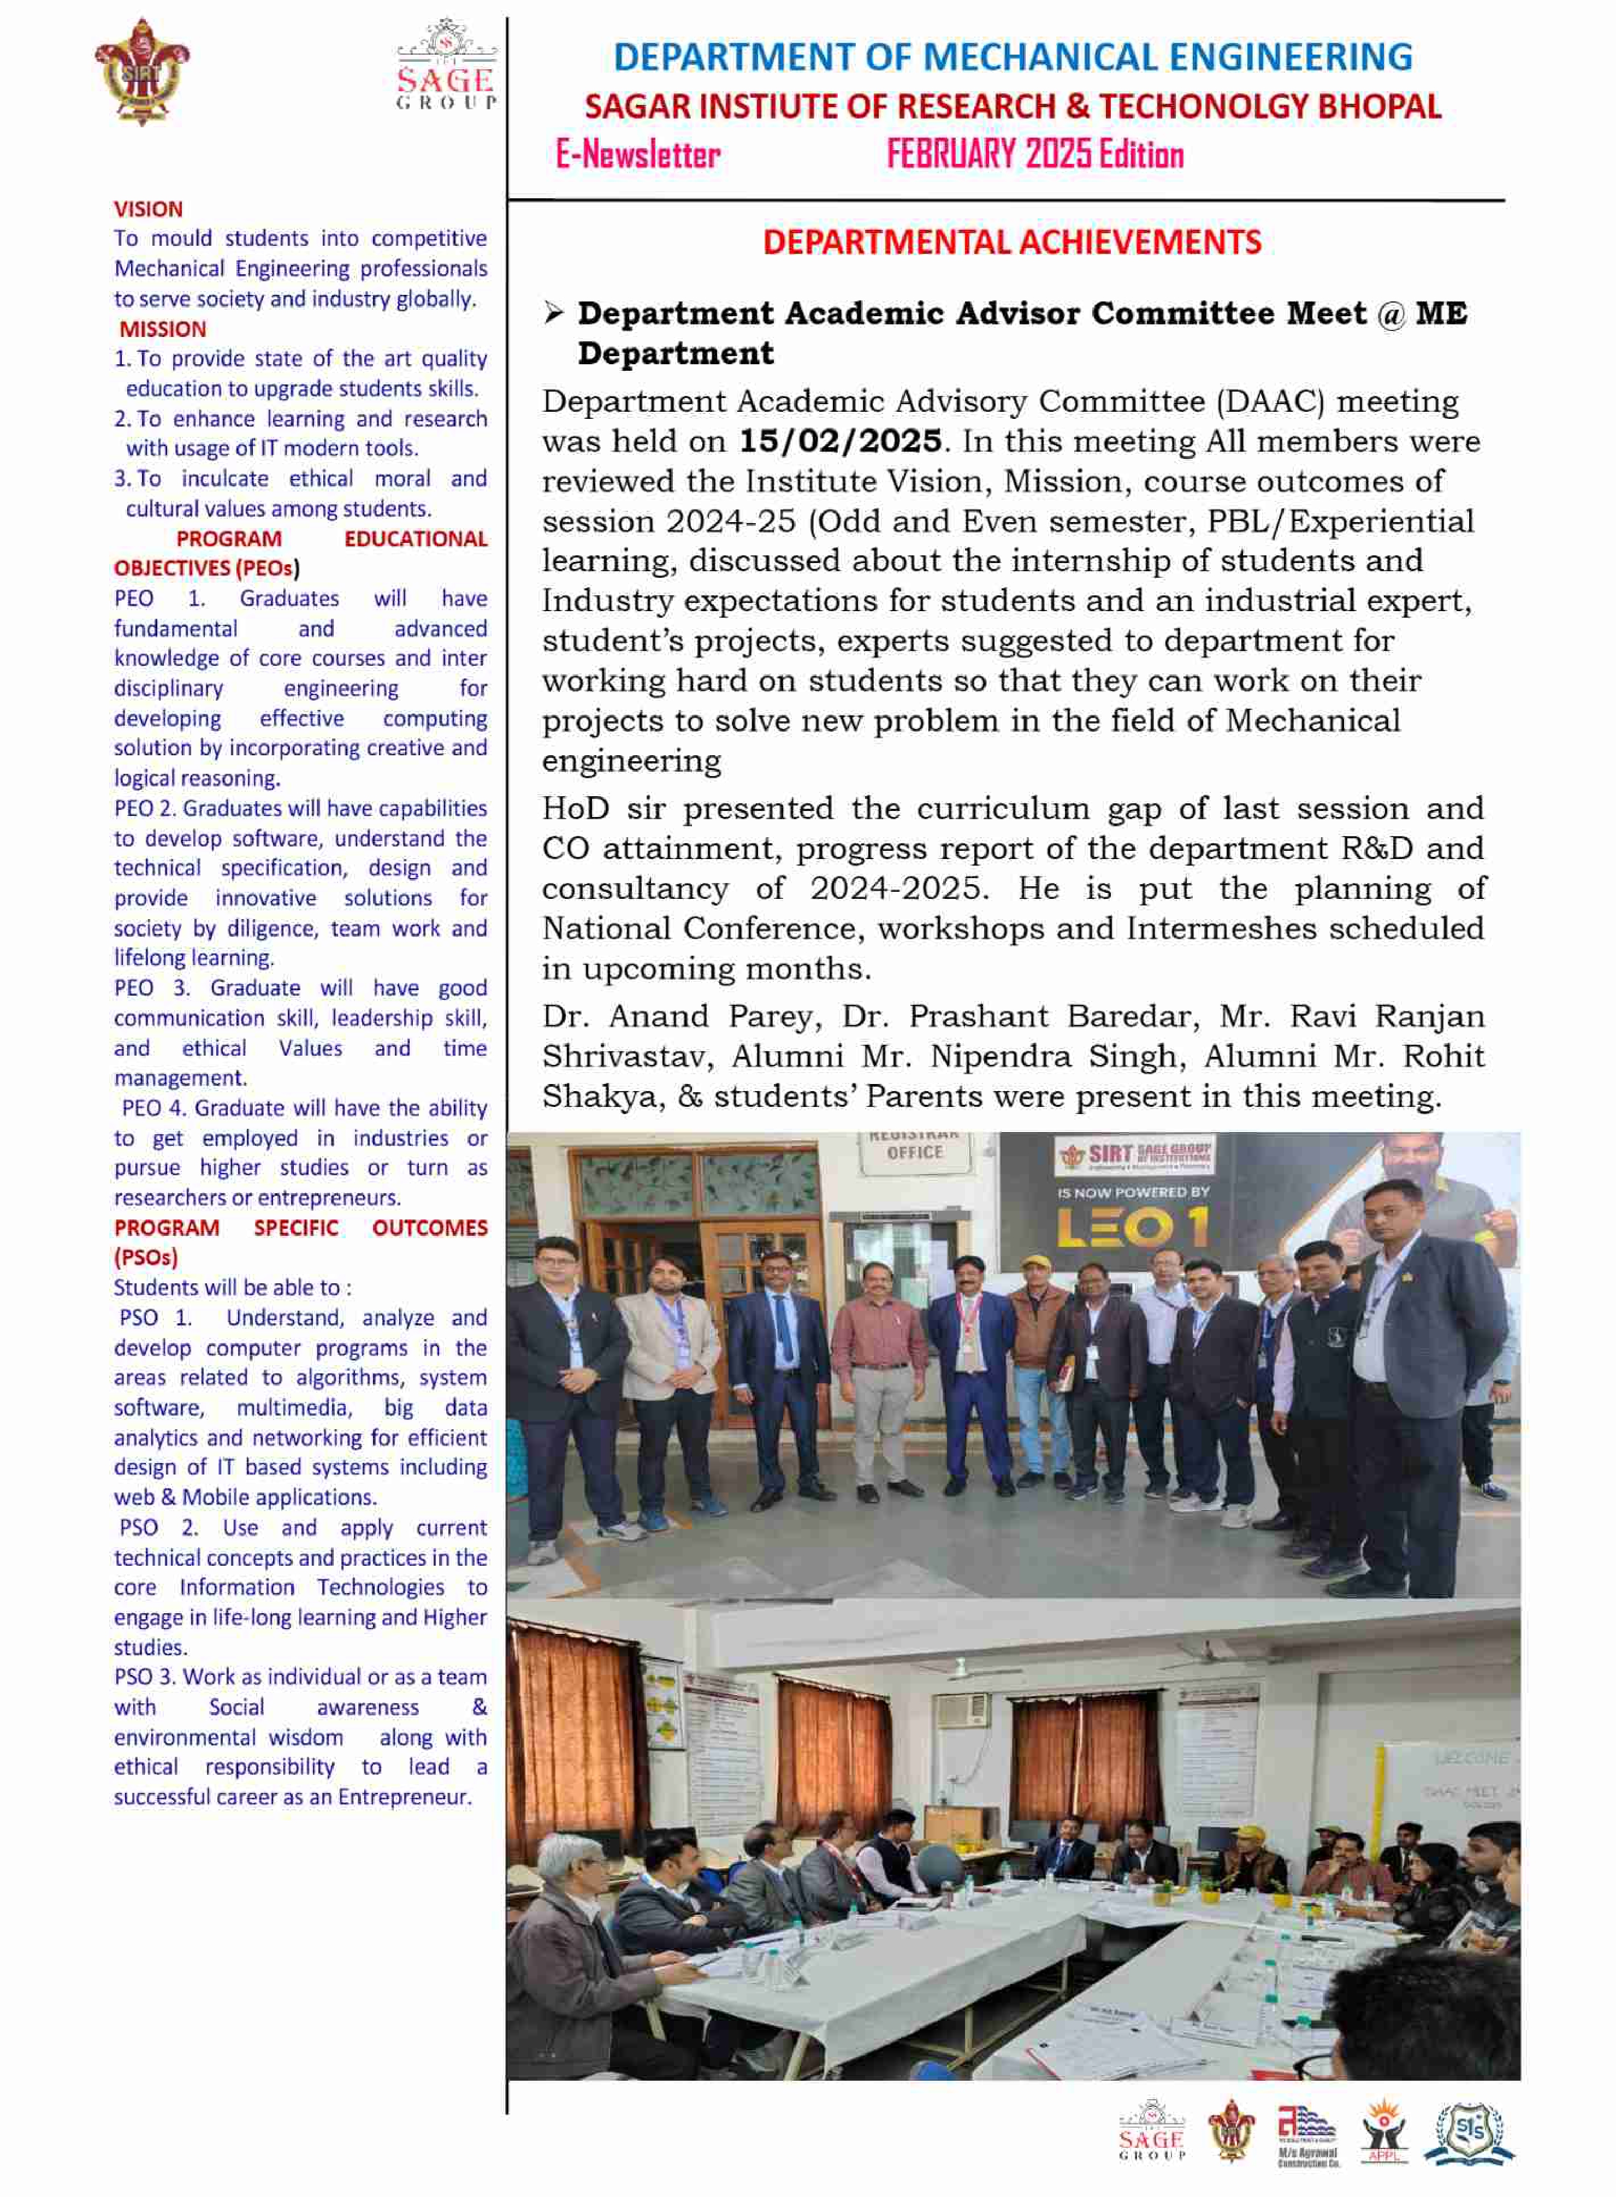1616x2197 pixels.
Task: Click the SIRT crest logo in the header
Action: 143,72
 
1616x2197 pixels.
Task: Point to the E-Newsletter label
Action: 638,155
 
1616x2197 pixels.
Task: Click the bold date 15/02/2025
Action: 839,441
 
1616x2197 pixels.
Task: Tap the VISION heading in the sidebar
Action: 147,209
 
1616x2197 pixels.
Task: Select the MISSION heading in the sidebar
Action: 162,329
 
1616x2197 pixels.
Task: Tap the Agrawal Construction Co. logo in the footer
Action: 1307,2134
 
